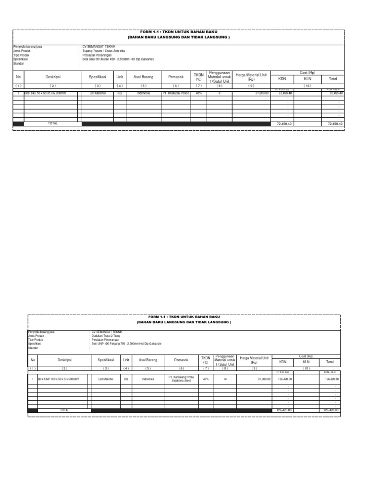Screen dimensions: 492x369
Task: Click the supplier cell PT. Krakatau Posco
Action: (176, 93)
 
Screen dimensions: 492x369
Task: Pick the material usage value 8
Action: (219, 93)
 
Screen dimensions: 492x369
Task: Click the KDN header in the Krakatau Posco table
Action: (282, 78)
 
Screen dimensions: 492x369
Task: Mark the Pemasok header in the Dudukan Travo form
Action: (177, 359)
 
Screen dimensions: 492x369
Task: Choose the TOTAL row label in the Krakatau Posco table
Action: (53, 123)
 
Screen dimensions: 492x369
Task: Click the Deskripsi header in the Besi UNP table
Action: (64, 359)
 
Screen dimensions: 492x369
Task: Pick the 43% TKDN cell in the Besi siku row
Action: (198, 93)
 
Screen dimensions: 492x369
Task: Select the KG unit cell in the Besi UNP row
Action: (126, 380)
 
